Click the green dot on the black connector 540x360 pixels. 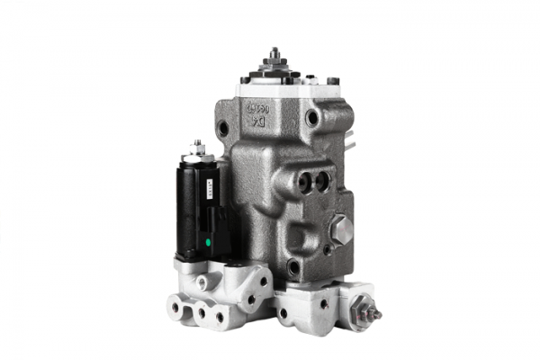pyautogui.click(x=210, y=240)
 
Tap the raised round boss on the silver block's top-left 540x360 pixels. pyautogui.click(x=206, y=282)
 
